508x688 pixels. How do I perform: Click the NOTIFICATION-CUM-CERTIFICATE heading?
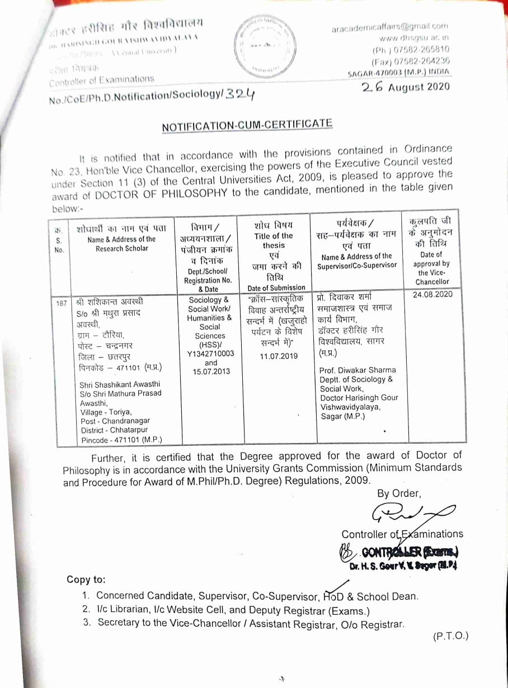tap(247, 125)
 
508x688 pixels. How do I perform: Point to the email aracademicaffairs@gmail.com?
tap(389, 26)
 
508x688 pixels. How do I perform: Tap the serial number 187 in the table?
tap(62, 303)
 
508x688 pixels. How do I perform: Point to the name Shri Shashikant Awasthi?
tap(120, 384)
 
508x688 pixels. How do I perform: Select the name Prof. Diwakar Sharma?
tap(358, 370)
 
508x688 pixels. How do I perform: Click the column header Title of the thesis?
tap(274, 241)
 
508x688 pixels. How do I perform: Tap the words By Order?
tap(398, 493)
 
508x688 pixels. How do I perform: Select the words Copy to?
tap(86, 579)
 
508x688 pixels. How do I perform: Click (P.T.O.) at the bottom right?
tap(450, 635)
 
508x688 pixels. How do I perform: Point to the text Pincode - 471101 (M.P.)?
tap(120, 440)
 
